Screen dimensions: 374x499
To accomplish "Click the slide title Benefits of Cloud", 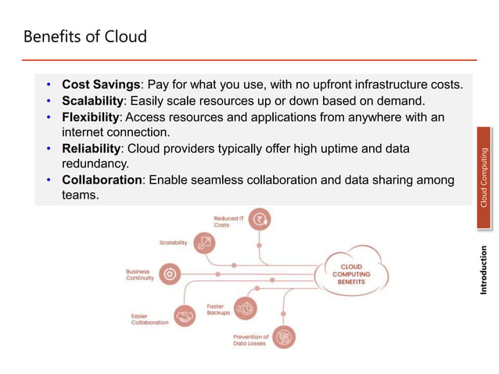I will coord(84,37).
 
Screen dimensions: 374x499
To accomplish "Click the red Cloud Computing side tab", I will coord(484,178).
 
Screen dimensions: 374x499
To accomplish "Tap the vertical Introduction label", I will coord(484,270).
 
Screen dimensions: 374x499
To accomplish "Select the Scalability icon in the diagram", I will coord(206,243).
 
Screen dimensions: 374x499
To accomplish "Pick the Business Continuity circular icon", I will coord(169,274).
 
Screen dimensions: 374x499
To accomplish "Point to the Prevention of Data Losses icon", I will coord(285,336).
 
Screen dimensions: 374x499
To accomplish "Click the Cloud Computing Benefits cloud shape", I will coord(350,273).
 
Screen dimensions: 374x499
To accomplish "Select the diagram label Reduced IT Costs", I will coord(228,221).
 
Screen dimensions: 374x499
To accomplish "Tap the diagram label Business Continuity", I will coord(139,275).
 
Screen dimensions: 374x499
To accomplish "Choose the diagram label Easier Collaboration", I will coord(149,319).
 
